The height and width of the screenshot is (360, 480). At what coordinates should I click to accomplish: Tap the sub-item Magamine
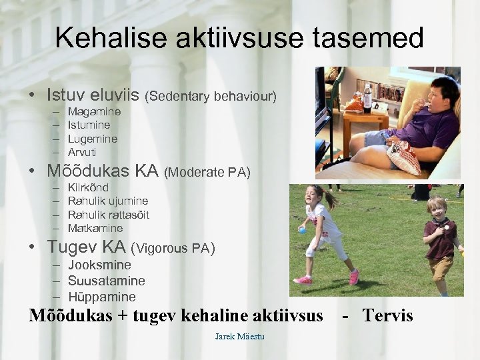click(94, 112)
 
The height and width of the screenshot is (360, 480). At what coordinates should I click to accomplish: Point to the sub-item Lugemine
click(93, 139)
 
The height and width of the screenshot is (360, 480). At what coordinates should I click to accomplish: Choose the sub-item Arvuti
click(82, 152)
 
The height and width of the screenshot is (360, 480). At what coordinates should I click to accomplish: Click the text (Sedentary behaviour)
click(210, 97)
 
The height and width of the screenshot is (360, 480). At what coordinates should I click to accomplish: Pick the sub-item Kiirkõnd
click(88, 187)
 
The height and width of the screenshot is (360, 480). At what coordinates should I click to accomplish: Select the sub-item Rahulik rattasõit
click(109, 215)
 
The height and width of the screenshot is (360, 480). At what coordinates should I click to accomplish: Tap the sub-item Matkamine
click(95, 228)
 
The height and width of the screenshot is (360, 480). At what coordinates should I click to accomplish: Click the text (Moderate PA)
click(207, 173)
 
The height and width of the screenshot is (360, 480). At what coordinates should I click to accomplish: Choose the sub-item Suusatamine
click(107, 281)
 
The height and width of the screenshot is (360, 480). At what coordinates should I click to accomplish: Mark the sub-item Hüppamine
click(102, 297)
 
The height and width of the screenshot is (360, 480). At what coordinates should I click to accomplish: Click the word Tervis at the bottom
click(387, 315)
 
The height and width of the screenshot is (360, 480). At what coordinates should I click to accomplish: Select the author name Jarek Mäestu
click(239, 337)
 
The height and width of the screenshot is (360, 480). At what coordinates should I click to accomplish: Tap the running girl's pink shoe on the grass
click(354, 276)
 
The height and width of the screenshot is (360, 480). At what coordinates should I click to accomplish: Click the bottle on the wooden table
click(367, 98)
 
